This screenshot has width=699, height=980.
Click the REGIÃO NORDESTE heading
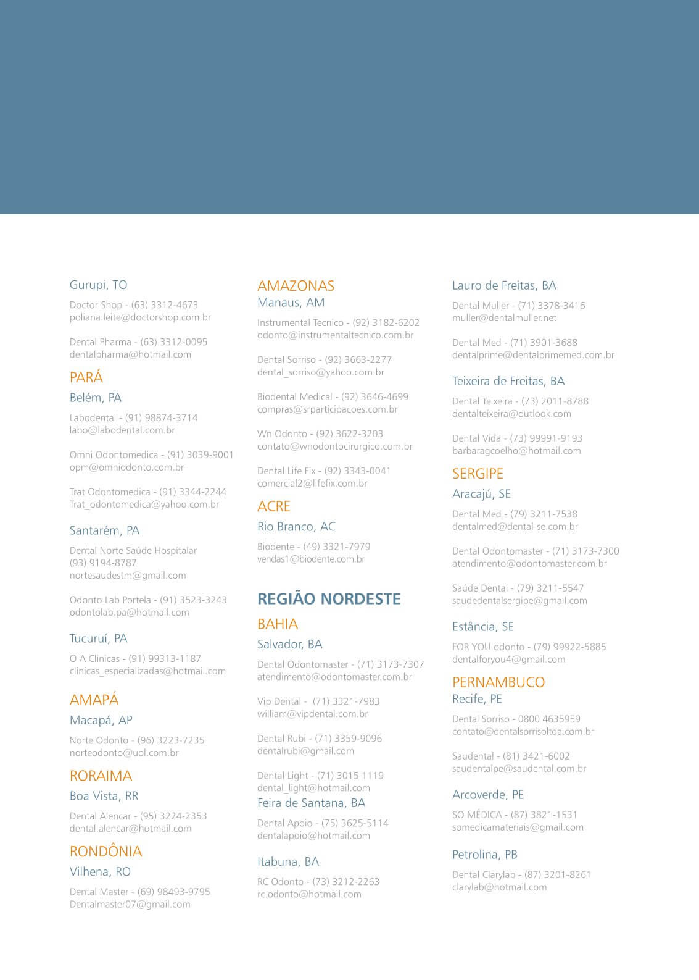[329, 599]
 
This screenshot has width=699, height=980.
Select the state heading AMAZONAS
[296, 286]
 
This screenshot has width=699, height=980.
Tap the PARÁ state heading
[86, 377]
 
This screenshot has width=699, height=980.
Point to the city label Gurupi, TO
[98, 285]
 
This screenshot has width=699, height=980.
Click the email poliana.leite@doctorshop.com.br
[140, 317]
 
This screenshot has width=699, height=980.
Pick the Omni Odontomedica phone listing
[151, 454]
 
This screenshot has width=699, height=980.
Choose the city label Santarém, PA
[104, 530]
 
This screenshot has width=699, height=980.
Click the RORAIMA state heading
[101, 776]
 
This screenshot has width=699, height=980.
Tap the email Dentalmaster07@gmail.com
[130, 904]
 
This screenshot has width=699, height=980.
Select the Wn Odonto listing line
[320, 433]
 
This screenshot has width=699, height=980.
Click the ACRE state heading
[274, 506]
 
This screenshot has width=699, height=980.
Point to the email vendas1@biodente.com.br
[311, 559]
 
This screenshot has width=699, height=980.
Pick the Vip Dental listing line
[318, 701]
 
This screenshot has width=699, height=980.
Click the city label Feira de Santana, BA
[311, 803]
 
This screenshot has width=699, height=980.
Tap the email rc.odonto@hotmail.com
[309, 894]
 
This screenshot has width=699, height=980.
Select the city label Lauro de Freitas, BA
[504, 285]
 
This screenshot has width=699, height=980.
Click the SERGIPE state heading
[478, 474]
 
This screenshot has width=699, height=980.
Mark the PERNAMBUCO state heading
[498, 682]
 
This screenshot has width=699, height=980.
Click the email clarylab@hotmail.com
[499, 887]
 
